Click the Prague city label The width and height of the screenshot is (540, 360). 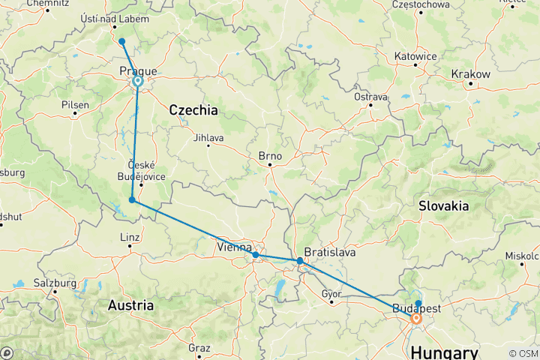pyautogui.click(x=139, y=70)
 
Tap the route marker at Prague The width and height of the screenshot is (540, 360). pyautogui.click(x=138, y=81)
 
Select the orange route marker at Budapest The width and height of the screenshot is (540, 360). pyautogui.click(x=416, y=319)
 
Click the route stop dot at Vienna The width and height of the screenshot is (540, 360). pyautogui.click(x=256, y=255)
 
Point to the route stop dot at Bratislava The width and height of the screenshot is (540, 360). pyautogui.click(x=300, y=261)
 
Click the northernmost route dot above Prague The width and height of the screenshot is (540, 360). pyautogui.click(x=121, y=41)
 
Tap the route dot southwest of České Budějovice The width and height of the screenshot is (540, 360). pyautogui.click(x=132, y=199)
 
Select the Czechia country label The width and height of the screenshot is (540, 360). pyautogui.click(x=193, y=110)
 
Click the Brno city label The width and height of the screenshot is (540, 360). pyautogui.click(x=269, y=157)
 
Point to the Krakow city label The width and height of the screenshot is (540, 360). pyautogui.click(x=470, y=74)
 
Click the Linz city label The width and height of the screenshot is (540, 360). pyautogui.click(x=130, y=238)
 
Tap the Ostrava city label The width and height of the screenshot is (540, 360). pyautogui.click(x=370, y=97)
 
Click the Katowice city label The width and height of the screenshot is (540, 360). pyautogui.click(x=415, y=56)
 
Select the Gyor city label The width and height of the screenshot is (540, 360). pyautogui.click(x=331, y=293)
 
